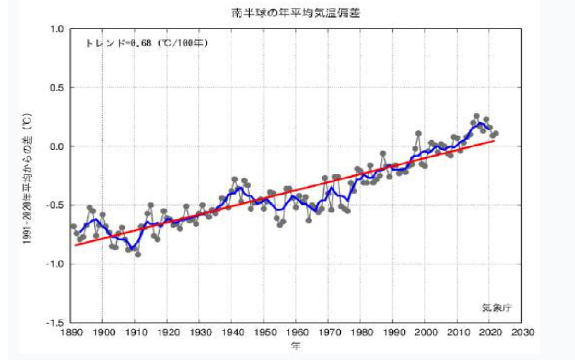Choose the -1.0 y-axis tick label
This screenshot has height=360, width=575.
tap(57, 264)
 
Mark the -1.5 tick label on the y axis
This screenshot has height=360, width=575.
tap(57, 323)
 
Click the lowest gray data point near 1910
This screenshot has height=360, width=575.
tap(138, 254)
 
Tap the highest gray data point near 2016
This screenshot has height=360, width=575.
tap(476, 116)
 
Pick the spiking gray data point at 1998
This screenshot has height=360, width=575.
tap(419, 133)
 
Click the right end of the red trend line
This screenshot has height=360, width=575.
tap(494, 140)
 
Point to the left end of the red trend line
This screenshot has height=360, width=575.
tap(76, 245)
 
